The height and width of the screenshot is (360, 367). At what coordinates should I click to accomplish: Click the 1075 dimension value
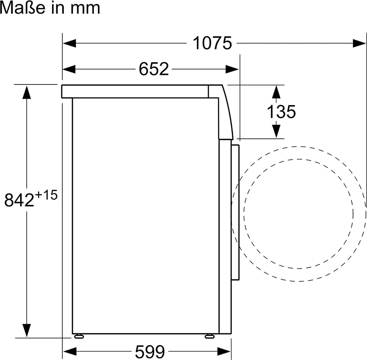pos(212,43)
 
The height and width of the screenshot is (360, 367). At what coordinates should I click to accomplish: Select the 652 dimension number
pos(154,69)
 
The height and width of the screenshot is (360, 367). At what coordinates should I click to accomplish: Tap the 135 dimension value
pos(281,111)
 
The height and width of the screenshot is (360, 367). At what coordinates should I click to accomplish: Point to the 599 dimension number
pos(150,351)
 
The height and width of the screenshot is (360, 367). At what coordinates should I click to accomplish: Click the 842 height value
pos(19,200)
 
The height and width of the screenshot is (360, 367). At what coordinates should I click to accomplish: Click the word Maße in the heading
pos(23,8)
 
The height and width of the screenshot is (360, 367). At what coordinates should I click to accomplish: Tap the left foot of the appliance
pos(79,336)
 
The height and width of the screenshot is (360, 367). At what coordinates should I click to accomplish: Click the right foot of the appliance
pos(209,336)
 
